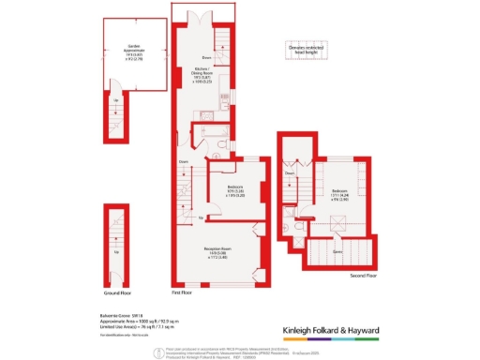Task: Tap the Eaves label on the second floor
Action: point(337,250)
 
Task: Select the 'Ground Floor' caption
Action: point(116,292)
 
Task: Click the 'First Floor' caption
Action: point(183,292)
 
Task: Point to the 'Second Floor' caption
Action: point(363,276)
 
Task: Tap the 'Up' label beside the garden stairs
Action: point(115,99)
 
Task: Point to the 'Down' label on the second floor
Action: point(290,172)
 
